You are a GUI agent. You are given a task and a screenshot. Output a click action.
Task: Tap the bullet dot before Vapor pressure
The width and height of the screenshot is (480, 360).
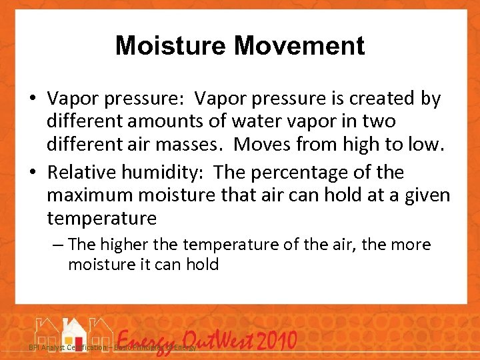click(x=33, y=99)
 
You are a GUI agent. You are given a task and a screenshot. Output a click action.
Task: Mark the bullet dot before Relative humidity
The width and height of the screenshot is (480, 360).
click(x=33, y=173)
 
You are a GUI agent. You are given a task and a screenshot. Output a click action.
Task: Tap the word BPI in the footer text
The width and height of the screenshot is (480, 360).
click(x=34, y=348)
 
